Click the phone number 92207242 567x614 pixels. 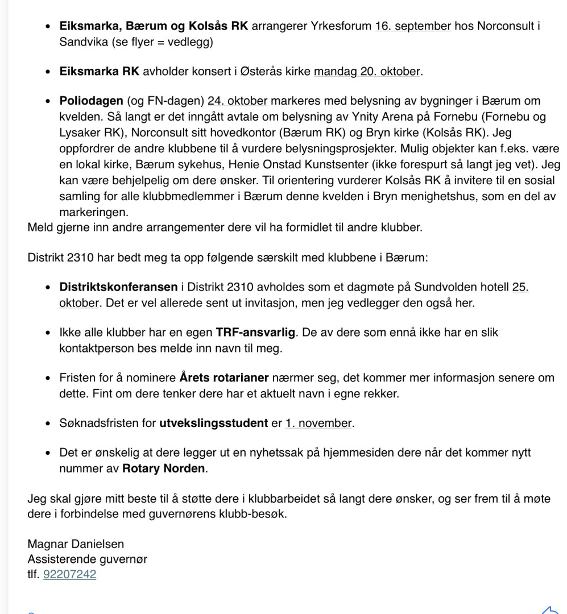click(x=69, y=574)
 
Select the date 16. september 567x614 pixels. click(x=413, y=26)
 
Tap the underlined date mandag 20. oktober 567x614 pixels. click(x=367, y=72)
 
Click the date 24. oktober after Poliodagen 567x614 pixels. click(x=237, y=101)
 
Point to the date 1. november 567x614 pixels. click(x=319, y=423)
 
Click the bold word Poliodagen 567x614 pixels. click(x=91, y=101)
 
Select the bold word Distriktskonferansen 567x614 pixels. click(x=118, y=287)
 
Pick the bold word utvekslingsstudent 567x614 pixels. click(x=213, y=423)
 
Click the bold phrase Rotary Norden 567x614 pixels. click(x=159, y=469)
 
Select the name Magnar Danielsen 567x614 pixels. click(x=76, y=544)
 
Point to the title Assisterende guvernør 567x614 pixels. click(x=88, y=559)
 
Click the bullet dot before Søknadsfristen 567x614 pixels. click(x=49, y=424)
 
